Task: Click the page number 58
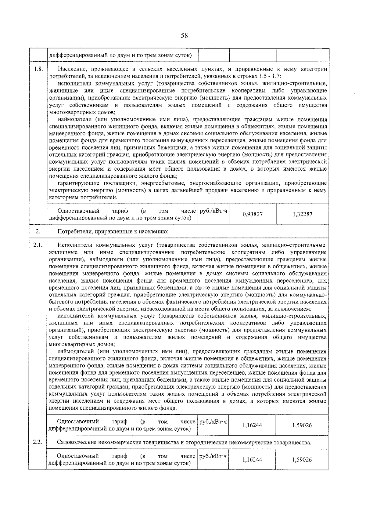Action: click(x=184, y=36)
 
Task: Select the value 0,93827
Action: click(x=253, y=214)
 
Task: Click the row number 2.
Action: click(x=38, y=231)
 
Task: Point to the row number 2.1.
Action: click(x=38, y=245)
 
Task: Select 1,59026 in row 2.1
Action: click(x=302, y=425)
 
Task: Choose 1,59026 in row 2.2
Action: click(x=302, y=460)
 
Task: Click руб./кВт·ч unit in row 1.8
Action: click(x=213, y=211)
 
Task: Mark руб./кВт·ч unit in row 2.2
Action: click(x=213, y=456)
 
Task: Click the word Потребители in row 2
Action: click(x=72, y=232)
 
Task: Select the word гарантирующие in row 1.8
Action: click(x=76, y=183)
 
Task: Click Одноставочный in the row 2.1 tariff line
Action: click(x=78, y=422)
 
